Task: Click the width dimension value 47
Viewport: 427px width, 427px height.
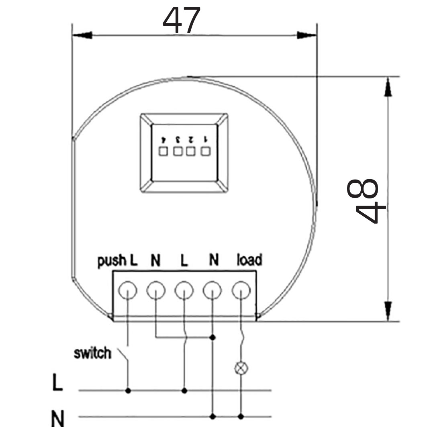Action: [x=181, y=21]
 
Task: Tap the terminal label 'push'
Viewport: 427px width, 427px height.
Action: [x=112, y=261]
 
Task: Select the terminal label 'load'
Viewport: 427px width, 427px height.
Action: [x=249, y=260]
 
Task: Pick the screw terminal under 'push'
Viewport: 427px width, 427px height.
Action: [x=128, y=290]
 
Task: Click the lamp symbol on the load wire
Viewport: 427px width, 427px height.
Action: [x=241, y=367]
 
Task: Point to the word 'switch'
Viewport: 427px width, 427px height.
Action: [x=92, y=353]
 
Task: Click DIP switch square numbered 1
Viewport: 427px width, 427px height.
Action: [x=206, y=152]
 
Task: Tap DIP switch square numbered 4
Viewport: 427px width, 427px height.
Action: [x=163, y=152]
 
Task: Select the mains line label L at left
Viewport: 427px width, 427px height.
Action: [x=58, y=383]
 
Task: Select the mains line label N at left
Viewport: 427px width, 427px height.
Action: [x=58, y=418]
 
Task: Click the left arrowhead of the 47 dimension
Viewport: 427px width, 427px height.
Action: [x=82, y=35]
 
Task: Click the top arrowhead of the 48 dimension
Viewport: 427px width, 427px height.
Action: [x=388, y=87]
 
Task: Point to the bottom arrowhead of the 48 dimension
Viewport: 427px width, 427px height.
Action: [x=388, y=311]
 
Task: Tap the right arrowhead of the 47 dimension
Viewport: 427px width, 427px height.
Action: [x=306, y=35]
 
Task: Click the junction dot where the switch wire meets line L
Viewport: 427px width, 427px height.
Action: [x=128, y=390]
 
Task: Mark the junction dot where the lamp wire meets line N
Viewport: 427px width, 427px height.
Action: [x=241, y=417]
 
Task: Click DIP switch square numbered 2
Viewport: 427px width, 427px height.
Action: [x=192, y=152]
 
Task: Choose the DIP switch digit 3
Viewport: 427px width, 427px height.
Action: [x=177, y=139]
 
